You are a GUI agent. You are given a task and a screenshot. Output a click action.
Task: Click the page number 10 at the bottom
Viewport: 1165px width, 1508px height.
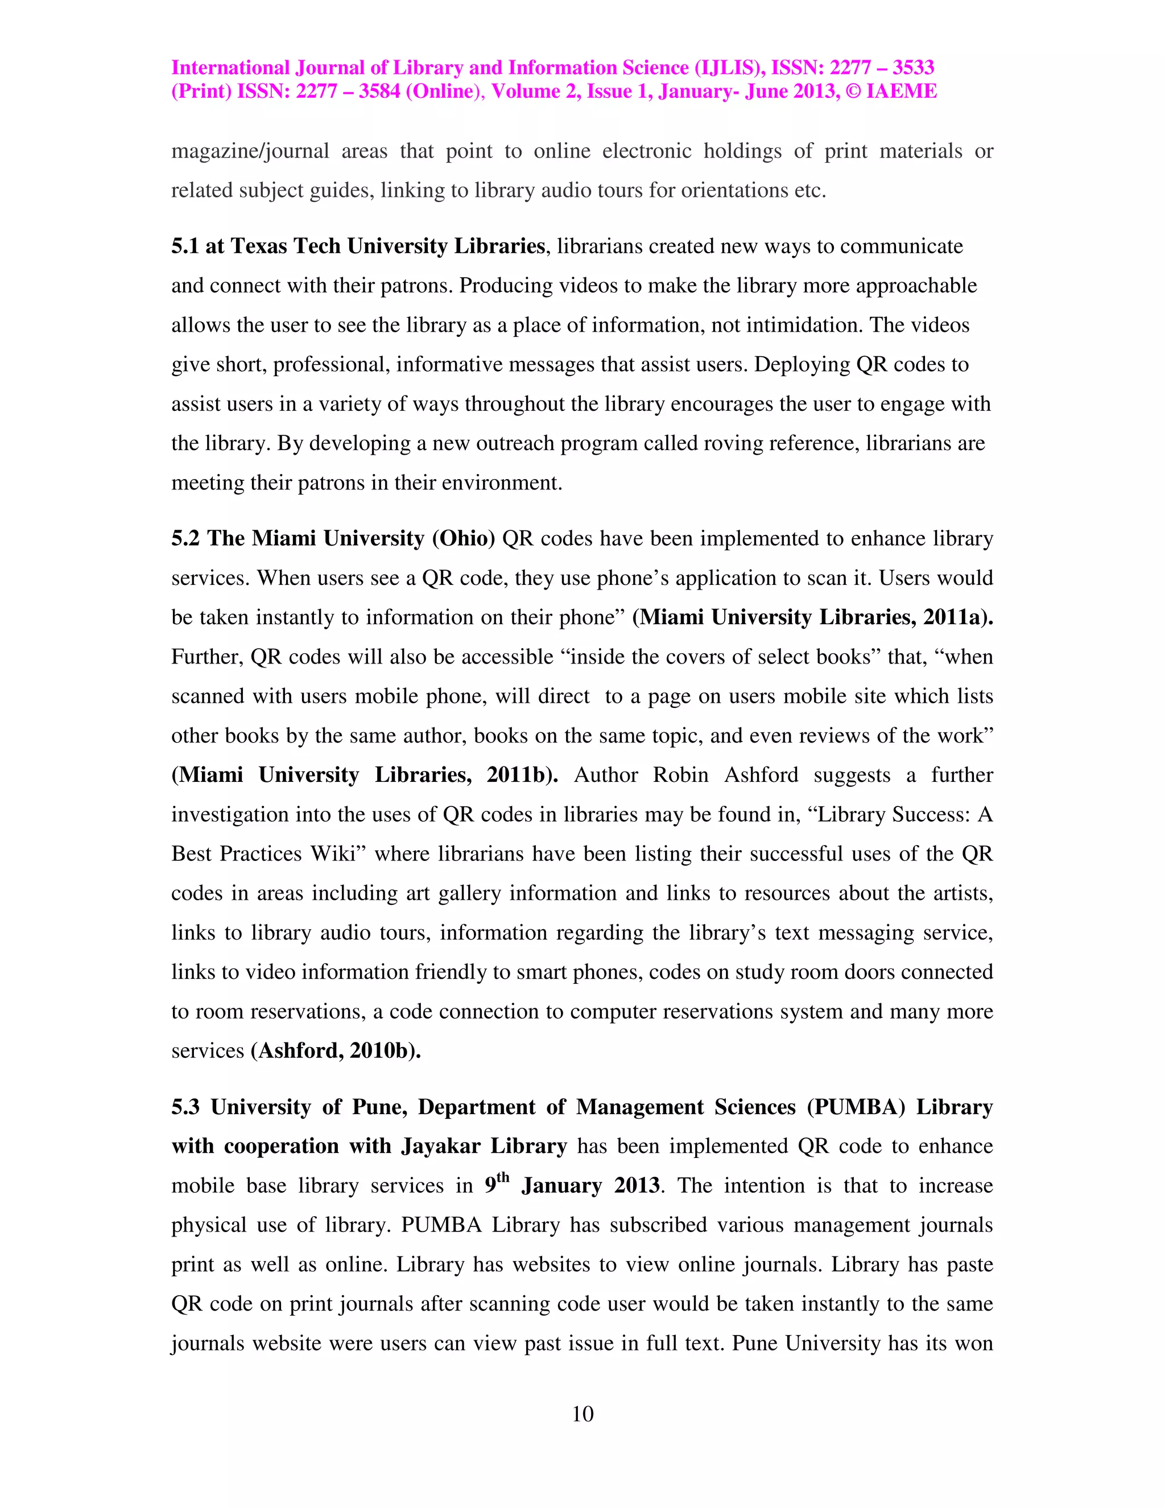tap(582, 1414)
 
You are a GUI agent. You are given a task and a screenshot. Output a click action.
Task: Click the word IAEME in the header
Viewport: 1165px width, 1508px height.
tap(902, 92)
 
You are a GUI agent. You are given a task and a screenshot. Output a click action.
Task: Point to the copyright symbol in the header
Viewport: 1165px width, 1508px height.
tap(854, 92)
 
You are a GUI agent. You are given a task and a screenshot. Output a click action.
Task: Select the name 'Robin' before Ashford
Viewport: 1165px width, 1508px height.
tap(680, 774)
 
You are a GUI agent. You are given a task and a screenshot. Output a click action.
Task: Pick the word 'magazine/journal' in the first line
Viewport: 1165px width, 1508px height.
tap(250, 151)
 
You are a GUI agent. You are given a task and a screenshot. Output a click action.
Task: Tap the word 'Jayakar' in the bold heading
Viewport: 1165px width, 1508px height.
tap(441, 1146)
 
